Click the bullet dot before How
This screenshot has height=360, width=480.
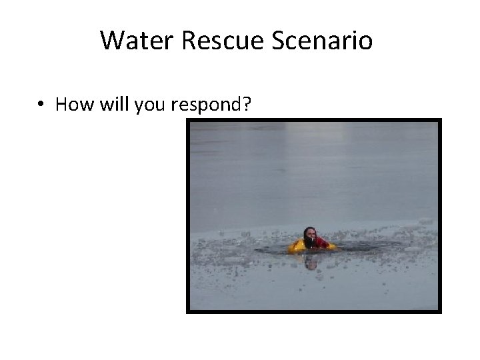click(41, 105)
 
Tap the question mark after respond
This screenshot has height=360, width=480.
click(247, 104)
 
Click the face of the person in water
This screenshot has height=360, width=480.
click(311, 235)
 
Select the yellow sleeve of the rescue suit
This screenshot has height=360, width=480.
click(297, 247)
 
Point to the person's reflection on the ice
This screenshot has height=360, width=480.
click(311, 262)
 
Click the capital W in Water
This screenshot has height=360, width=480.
click(111, 41)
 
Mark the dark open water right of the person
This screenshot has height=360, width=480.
click(360, 249)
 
